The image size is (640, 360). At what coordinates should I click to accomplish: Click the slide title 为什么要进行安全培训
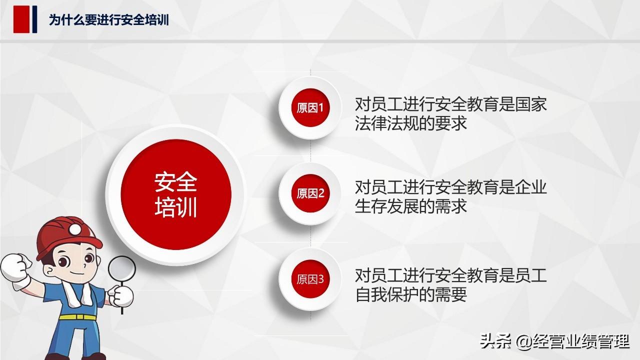(x=109, y=19)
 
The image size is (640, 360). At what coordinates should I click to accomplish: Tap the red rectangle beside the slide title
(x=21, y=19)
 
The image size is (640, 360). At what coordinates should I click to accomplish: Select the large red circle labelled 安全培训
(x=176, y=194)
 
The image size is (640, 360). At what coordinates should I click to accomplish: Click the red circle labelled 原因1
(x=310, y=107)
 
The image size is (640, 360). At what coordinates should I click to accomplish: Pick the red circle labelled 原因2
(x=310, y=193)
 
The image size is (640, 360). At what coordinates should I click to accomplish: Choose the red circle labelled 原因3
(x=310, y=279)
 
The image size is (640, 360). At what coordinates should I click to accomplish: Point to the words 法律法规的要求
(x=411, y=123)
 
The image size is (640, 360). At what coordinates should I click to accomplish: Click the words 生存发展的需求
(x=411, y=206)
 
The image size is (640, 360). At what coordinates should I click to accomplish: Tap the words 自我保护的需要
(x=411, y=294)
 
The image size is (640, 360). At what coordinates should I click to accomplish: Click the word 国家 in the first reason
(x=531, y=104)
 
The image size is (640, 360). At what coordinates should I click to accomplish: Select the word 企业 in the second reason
(x=531, y=187)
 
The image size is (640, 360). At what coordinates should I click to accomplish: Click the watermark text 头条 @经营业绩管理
(x=554, y=341)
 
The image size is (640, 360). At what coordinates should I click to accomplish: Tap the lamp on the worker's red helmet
(x=75, y=229)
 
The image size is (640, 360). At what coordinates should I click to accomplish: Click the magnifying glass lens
(x=121, y=269)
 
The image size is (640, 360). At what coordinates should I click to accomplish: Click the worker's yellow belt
(x=77, y=317)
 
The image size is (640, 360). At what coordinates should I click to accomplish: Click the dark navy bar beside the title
(x=34, y=19)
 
